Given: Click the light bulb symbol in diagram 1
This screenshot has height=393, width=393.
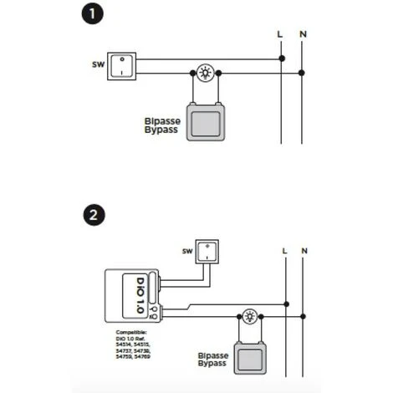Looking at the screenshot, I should pyautogui.click(x=205, y=73).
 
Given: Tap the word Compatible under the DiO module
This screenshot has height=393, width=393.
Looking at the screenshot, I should pyautogui.click(x=130, y=332).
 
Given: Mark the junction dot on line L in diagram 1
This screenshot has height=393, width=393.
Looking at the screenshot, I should pyautogui.click(x=281, y=59).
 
